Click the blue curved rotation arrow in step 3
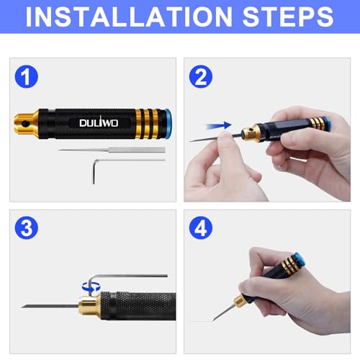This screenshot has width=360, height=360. coord(89,286)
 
